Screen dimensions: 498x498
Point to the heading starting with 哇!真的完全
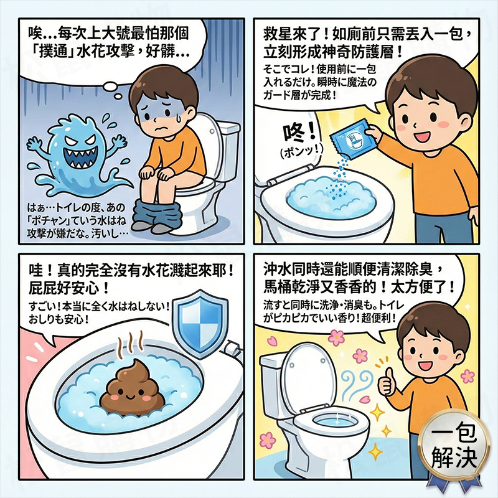127,280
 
